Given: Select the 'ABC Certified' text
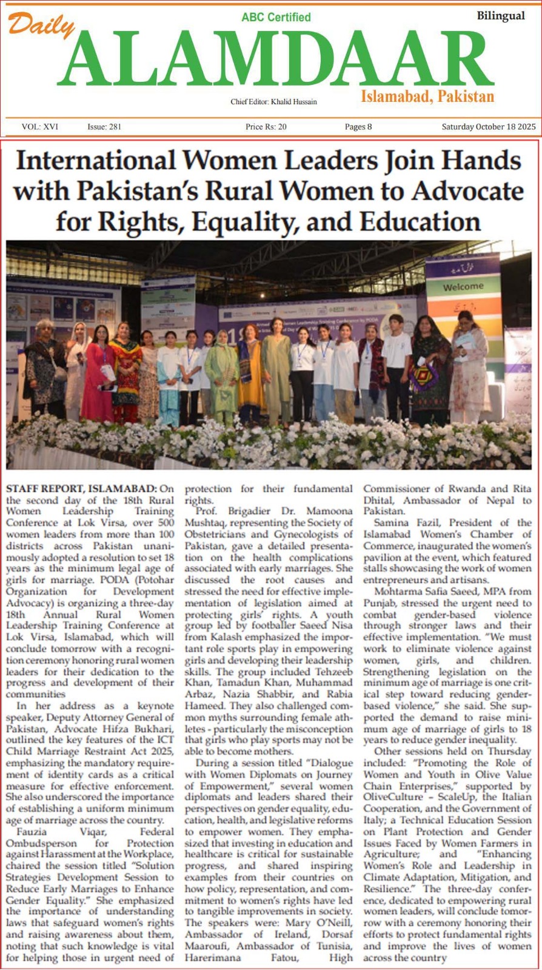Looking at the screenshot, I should pos(276,17).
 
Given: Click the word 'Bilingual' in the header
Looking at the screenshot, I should pos(501,16).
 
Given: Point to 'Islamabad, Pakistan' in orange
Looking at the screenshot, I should pos(427,96).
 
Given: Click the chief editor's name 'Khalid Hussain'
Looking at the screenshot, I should pos(293,102).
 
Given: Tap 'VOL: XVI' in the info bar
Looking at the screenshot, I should pos(40,127).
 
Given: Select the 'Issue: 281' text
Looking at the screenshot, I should pos(104,127).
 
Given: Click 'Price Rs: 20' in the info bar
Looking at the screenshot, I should pos(266,127).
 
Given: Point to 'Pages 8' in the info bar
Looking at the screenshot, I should pos(358,127).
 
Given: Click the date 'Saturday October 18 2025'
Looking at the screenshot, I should pos(488,127).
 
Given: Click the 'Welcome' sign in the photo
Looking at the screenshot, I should pos(463,286).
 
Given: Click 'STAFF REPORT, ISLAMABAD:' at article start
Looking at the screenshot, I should pos(81,489).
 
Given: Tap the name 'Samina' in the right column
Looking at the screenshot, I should pos(392,523).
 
